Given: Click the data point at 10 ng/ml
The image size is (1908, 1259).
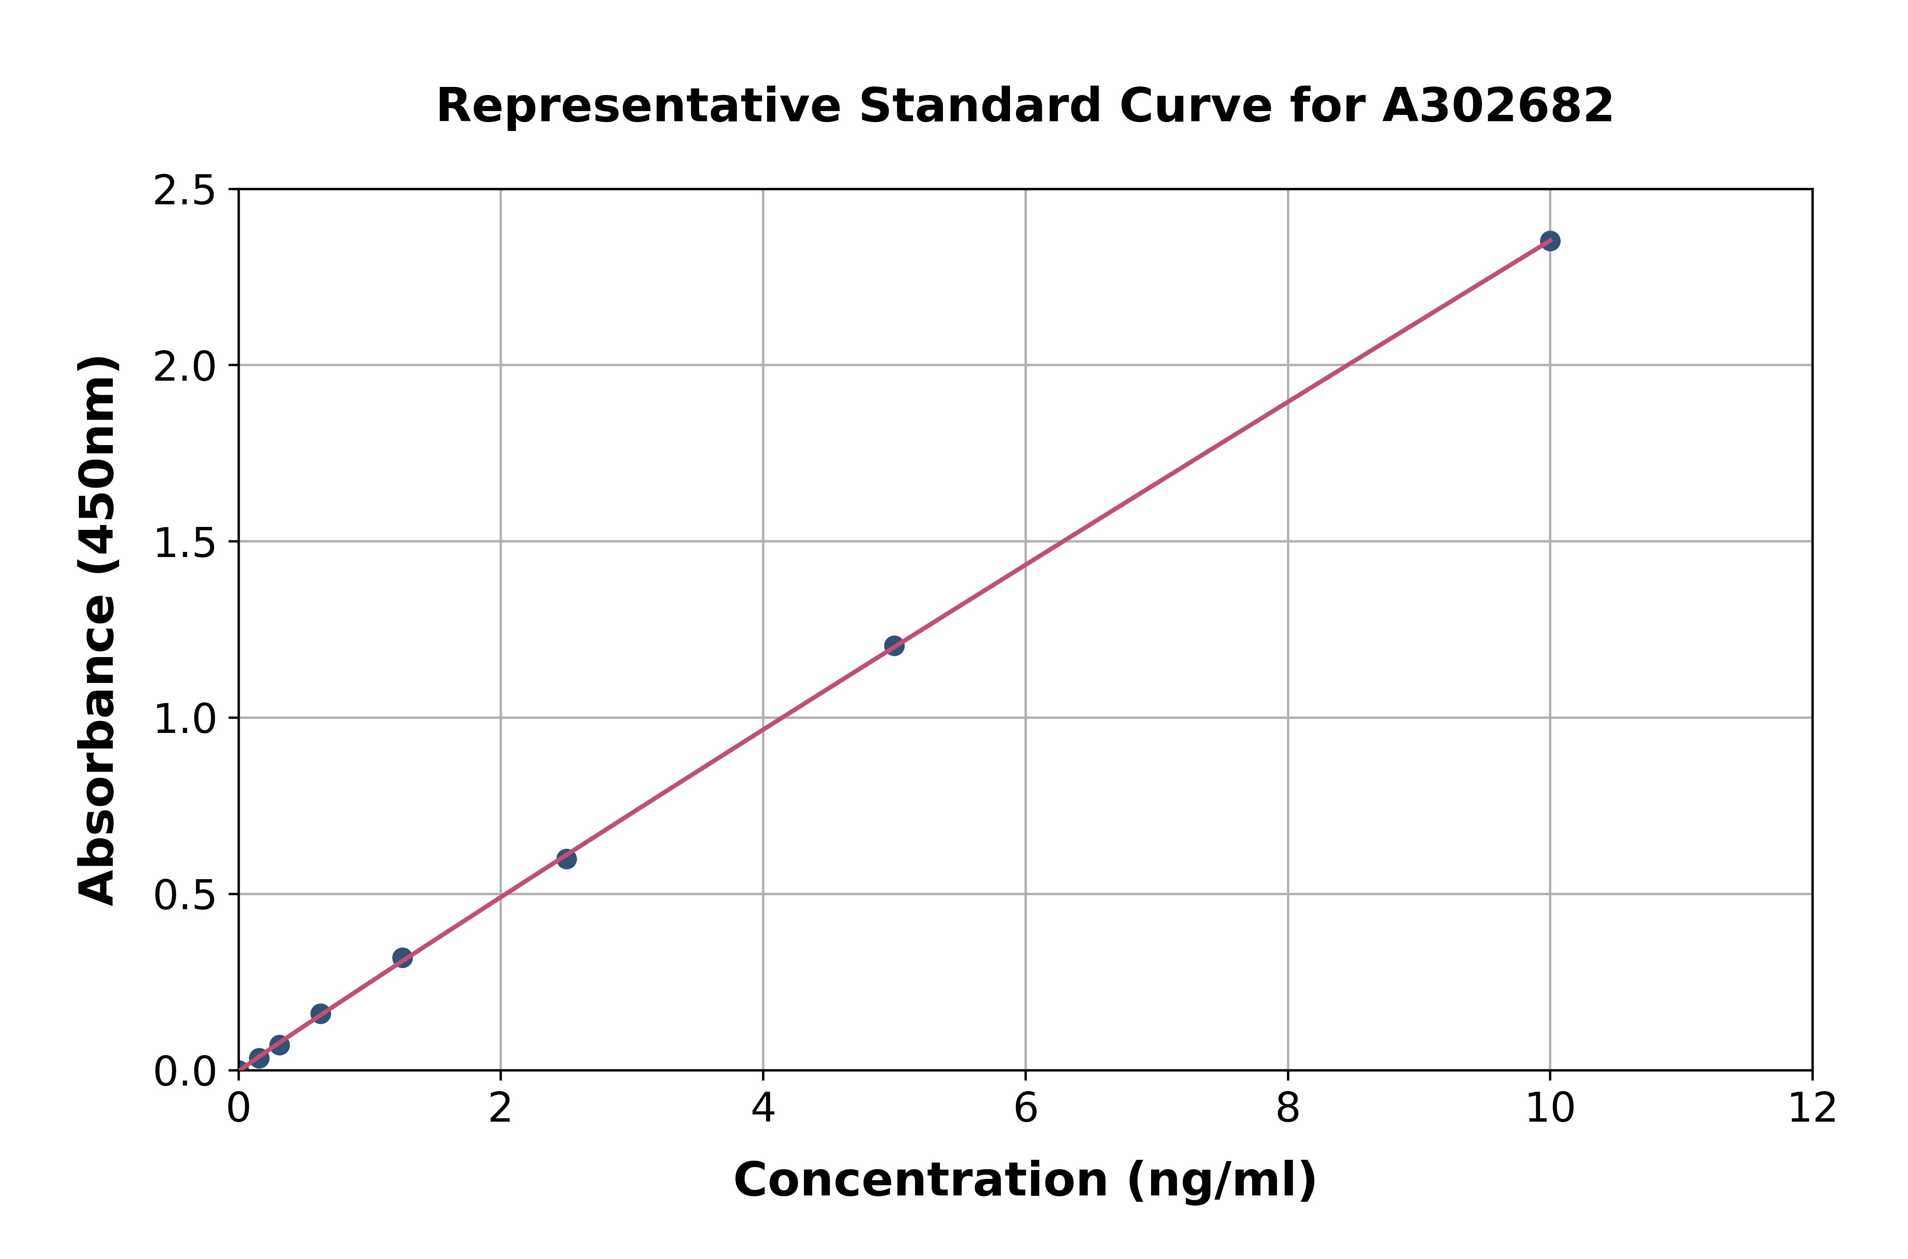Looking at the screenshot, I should (1550, 241).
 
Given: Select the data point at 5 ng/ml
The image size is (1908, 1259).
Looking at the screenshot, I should (894, 646).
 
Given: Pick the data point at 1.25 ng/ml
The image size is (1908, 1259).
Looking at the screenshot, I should (402, 957).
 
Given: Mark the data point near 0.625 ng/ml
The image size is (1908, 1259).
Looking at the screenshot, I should (321, 1013).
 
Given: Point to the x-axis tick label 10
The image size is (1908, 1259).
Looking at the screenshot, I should (1550, 1110).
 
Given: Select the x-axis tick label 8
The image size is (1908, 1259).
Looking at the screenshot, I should (1287, 1110).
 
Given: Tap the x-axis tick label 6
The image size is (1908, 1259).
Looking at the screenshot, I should (1026, 1110).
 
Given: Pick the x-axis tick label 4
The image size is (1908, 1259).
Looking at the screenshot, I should (763, 1110).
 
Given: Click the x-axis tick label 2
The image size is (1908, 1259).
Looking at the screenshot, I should (500, 1110).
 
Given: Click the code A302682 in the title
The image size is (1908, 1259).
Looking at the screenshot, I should (1498, 105).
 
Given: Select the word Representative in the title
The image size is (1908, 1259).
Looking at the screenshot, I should (638, 105).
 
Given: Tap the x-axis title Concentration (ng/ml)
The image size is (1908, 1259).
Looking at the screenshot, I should (1025, 1180).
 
